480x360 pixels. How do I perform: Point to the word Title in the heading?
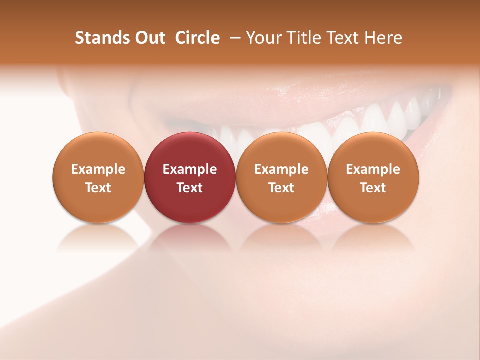coord(304,38)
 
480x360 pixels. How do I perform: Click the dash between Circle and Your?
coord(233,38)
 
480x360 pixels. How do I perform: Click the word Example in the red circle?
coord(190,169)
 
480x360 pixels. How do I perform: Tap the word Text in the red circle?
coord(190,188)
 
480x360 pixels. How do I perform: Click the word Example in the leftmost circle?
coord(98,169)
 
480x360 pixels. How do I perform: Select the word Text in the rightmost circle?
coord(373,188)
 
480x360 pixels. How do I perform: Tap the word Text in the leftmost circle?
coord(98,188)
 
